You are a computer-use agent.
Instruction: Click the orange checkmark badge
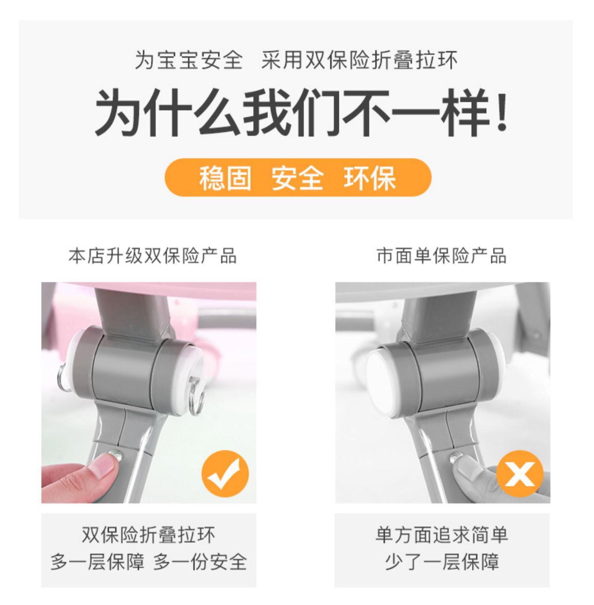coord(225,474)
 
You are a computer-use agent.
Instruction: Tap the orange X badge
coord(519,474)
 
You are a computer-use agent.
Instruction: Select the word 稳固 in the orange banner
coord(225,178)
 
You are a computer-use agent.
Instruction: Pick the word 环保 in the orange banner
coord(370,178)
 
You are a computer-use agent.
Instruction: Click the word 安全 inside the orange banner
coord(297,178)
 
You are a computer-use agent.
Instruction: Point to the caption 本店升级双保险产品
coord(152,256)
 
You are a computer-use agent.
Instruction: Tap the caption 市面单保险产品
coord(442,256)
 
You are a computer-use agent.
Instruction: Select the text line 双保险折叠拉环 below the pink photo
coord(148,535)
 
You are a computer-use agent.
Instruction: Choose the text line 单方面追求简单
coord(442,535)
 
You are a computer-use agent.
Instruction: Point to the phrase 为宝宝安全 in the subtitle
coord(189,61)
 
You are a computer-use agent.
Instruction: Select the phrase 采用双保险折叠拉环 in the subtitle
coord(359,61)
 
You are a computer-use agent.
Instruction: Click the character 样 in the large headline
coord(466,112)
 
